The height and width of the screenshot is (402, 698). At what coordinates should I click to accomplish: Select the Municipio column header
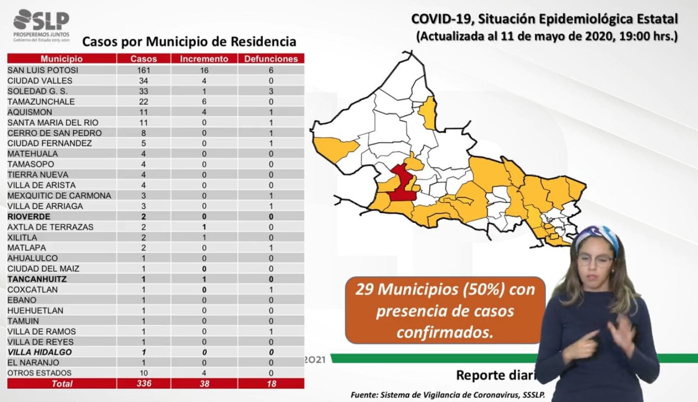[x=62, y=59]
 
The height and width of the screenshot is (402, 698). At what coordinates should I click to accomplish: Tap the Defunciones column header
[x=271, y=59]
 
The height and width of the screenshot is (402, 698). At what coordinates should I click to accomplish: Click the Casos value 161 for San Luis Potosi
[x=144, y=70]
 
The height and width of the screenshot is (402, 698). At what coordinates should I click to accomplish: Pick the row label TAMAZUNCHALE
[x=41, y=102]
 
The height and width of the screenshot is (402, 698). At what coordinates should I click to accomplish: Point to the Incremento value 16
[x=204, y=70]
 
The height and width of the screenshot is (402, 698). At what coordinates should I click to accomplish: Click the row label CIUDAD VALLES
[x=40, y=81]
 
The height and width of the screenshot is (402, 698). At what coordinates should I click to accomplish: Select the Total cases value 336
[x=144, y=384]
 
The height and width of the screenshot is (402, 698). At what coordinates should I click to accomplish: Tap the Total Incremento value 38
[x=204, y=384]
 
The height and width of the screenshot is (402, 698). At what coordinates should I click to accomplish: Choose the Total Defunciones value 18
[x=271, y=384]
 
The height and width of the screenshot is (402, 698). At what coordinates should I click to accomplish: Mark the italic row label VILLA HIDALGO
[x=40, y=352]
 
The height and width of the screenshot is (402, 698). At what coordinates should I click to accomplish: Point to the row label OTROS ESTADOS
[x=40, y=373]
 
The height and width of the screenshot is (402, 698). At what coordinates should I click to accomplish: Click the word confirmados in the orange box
[x=445, y=332]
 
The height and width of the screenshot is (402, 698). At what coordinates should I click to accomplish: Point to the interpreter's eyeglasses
[x=594, y=261]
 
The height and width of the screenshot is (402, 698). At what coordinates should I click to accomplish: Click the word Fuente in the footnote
[x=364, y=395]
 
